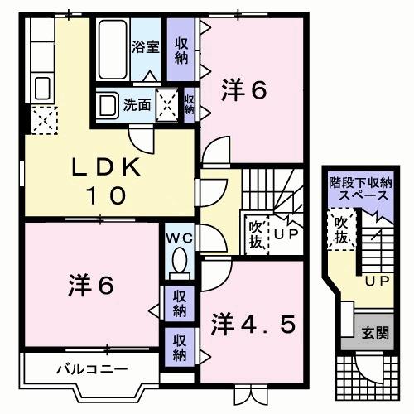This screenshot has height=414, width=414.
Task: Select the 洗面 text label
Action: click(x=137, y=105)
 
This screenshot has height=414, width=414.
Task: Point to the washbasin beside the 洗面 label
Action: click(x=107, y=105)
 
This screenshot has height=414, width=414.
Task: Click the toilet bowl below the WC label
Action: click(x=177, y=263)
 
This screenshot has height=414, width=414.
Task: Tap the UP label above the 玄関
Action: click(x=378, y=282)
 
